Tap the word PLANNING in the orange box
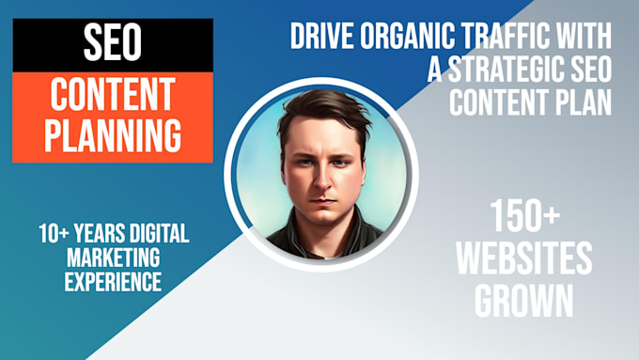[x=113, y=135]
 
